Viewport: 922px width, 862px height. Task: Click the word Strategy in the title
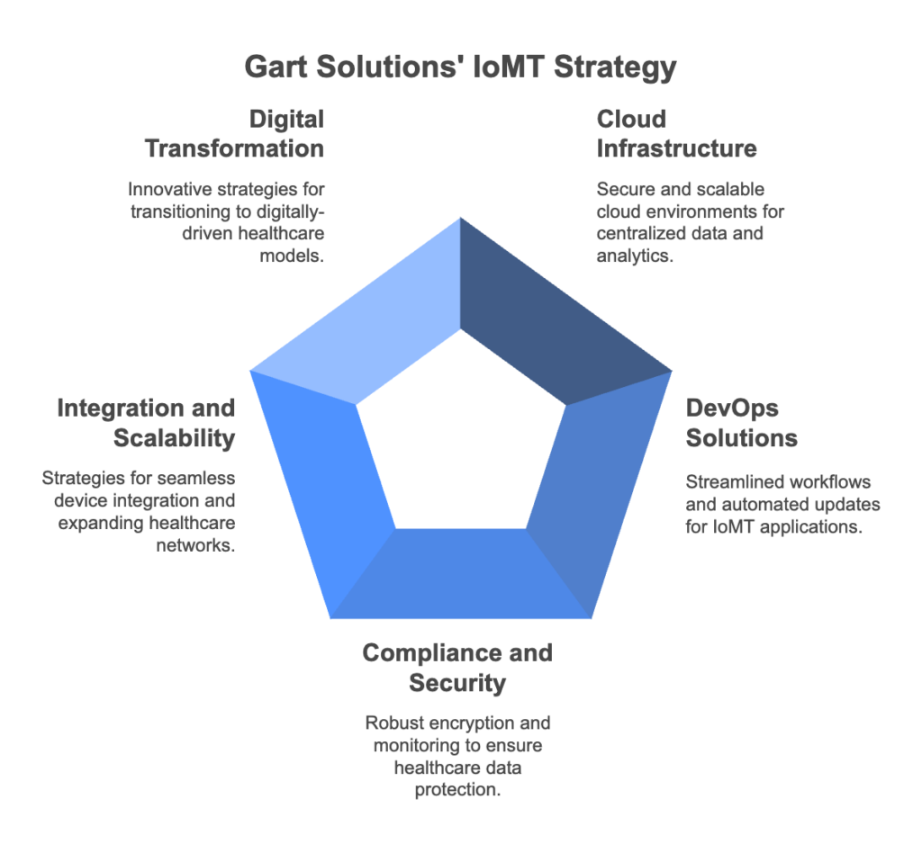pos(615,67)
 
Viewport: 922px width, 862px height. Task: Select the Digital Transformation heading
pos(235,134)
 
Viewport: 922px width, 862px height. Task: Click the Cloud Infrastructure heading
pos(677,134)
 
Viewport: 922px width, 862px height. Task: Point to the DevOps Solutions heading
pos(742,423)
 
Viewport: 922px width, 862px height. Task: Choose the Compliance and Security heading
pos(457,668)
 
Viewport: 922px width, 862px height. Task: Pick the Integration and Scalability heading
pos(146,423)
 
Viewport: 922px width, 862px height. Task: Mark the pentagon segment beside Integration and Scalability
pos(326,488)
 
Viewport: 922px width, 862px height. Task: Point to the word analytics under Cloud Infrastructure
pos(635,256)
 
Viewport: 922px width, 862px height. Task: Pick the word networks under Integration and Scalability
pos(195,545)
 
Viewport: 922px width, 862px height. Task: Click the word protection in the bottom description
pos(457,790)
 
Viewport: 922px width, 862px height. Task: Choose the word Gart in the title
pos(276,67)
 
